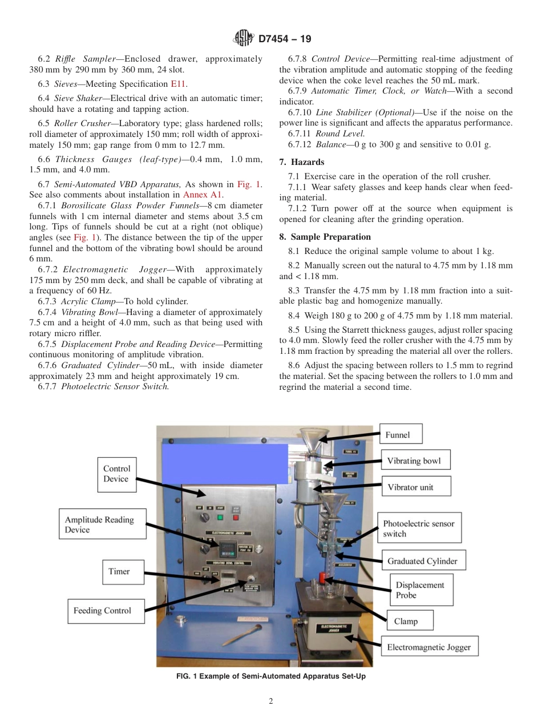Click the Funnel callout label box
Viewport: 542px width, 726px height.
(x=401, y=434)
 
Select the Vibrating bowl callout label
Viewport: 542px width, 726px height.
(x=414, y=461)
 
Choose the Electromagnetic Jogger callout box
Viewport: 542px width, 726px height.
(x=429, y=647)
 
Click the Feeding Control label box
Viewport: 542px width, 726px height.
(x=102, y=611)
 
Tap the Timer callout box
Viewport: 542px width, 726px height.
(x=119, y=571)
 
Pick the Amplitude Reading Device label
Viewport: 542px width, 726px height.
(x=99, y=525)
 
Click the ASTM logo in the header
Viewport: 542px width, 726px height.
(x=244, y=39)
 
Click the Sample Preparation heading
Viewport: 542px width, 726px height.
(x=325, y=237)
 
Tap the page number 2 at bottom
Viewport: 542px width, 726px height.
(x=271, y=701)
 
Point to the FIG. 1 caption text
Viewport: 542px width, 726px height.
(x=271, y=676)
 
